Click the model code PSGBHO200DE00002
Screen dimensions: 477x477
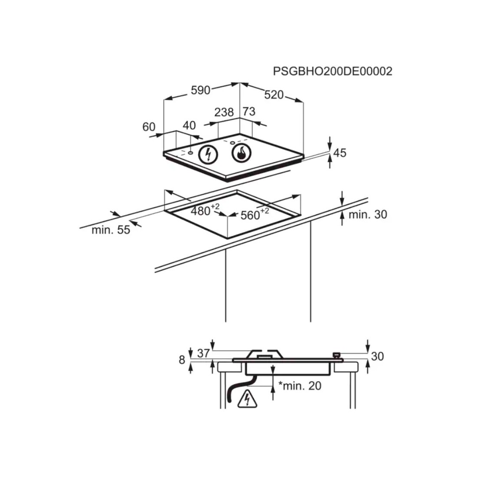point(333,71)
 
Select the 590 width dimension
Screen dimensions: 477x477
point(200,90)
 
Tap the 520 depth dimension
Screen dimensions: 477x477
point(274,95)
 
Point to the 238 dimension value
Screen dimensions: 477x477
point(224,112)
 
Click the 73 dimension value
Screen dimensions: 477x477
point(249,111)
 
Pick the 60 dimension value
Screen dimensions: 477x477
point(149,127)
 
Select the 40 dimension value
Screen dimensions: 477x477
point(189,125)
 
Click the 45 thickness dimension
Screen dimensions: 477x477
point(340,152)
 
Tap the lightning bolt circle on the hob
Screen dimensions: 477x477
point(209,154)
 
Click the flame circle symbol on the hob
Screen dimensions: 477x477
point(242,152)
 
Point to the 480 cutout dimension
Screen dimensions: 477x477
point(205,209)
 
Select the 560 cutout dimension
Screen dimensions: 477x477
point(255,214)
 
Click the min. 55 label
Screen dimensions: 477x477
point(111,230)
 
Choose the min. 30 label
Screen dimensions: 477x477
point(368,215)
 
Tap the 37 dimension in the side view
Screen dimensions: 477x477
point(203,353)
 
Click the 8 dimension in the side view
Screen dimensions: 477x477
point(182,360)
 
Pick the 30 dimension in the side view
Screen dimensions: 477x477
point(377,356)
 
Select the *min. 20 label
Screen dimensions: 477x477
point(300,386)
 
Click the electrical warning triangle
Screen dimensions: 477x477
point(247,399)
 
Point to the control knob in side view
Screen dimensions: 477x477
point(337,355)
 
